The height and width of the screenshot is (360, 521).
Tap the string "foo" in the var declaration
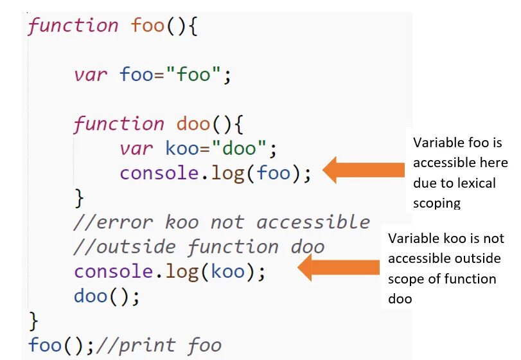194,75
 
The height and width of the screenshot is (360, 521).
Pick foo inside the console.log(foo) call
274,174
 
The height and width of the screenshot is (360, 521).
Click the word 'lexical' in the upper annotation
476,183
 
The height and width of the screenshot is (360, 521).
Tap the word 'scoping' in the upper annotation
437,203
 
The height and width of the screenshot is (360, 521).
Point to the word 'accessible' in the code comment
313,222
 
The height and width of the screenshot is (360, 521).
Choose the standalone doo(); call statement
107,296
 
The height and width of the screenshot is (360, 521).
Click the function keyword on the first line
73,26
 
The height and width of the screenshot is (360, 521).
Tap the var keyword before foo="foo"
91,75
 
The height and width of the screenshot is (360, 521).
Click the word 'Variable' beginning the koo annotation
412,239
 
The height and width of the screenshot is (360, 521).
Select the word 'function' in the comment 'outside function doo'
233,247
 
